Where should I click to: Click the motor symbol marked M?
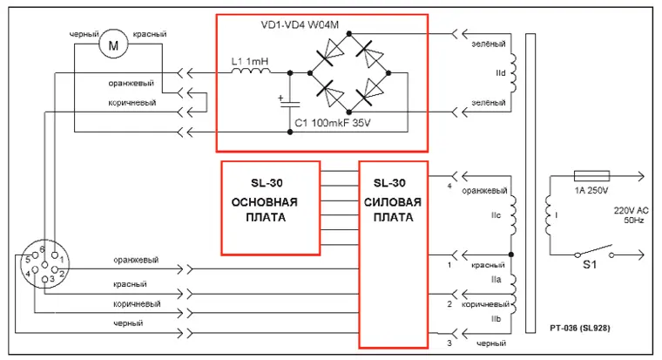pyautogui.click(x=111, y=43)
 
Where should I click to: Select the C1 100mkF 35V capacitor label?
pyautogui.click(x=332, y=124)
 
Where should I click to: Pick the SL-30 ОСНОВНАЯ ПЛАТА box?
pyautogui.click(x=264, y=206)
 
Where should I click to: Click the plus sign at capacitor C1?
pyautogui.click(x=280, y=98)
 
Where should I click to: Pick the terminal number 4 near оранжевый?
pyautogui.click(x=450, y=187)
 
